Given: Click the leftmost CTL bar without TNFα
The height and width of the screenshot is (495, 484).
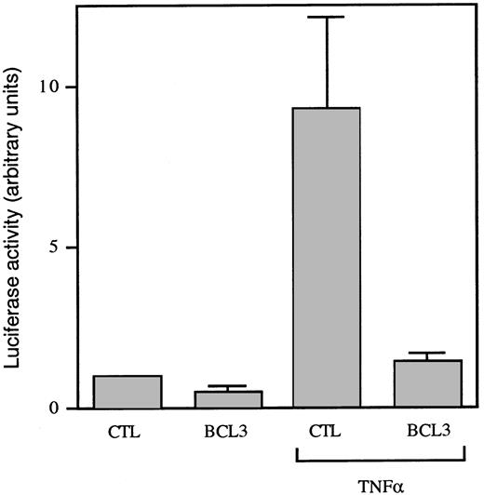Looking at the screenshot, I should coord(128,392).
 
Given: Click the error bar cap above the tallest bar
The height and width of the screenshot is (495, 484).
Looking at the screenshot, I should coord(327,18).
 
